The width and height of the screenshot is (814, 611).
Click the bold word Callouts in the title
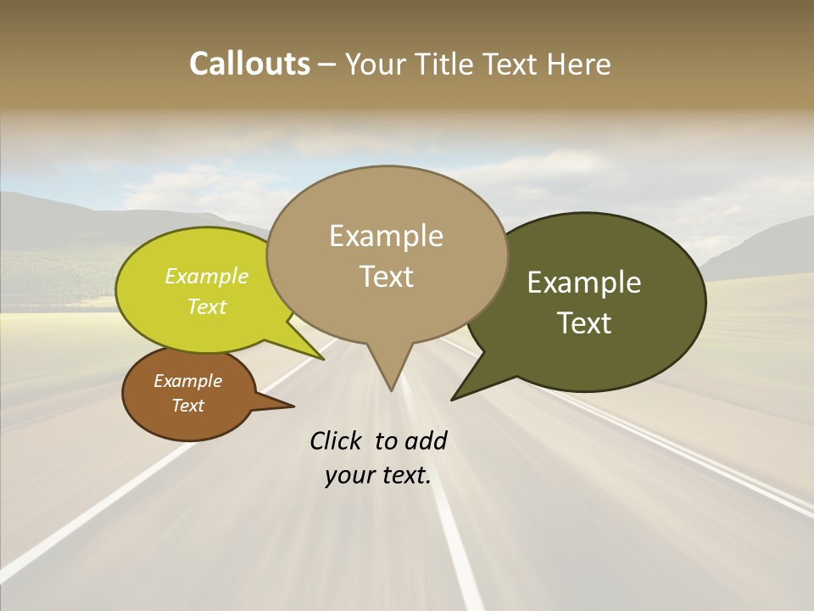(249, 64)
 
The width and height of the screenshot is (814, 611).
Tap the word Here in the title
(577, 64)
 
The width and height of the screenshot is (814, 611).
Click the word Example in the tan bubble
(386, 236)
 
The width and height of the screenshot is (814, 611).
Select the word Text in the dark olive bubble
(584, 323)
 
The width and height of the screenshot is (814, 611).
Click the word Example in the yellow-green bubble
(207, 276)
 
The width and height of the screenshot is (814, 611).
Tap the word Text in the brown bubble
(188, 406)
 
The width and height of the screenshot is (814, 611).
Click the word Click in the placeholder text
(337, 440)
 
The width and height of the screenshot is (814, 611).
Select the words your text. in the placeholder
(378, 476)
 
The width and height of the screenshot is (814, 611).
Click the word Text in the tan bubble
(387, 277)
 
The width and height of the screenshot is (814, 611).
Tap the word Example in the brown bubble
(188, 381)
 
